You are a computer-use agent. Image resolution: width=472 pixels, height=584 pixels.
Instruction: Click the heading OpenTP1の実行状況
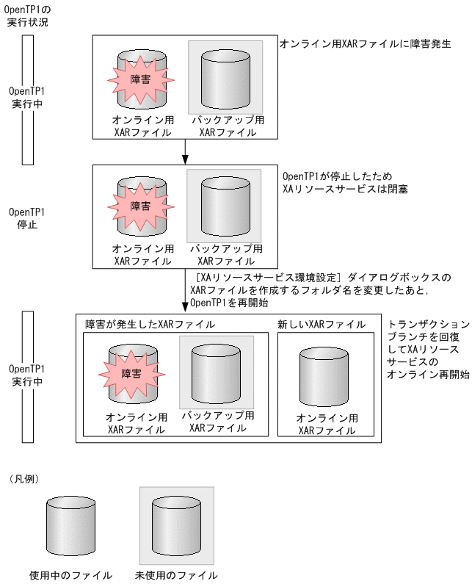[x=27, y=15]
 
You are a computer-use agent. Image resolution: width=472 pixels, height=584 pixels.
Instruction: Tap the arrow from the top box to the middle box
[x=185, y=151]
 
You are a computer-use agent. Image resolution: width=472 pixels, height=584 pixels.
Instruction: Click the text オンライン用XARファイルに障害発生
[x=365, y=45]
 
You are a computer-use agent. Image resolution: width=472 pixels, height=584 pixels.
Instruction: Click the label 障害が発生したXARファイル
[x=150, y=324]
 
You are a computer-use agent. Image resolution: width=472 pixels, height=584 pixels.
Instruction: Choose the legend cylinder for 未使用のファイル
[x=176, y=527]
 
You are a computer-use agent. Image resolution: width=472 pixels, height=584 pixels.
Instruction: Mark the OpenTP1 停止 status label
[x=27, y=218]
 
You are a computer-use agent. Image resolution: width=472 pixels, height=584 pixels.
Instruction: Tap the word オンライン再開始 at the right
[x=428, y=374]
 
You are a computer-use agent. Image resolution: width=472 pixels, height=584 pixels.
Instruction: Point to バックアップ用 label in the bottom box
[x=217, y=415]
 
